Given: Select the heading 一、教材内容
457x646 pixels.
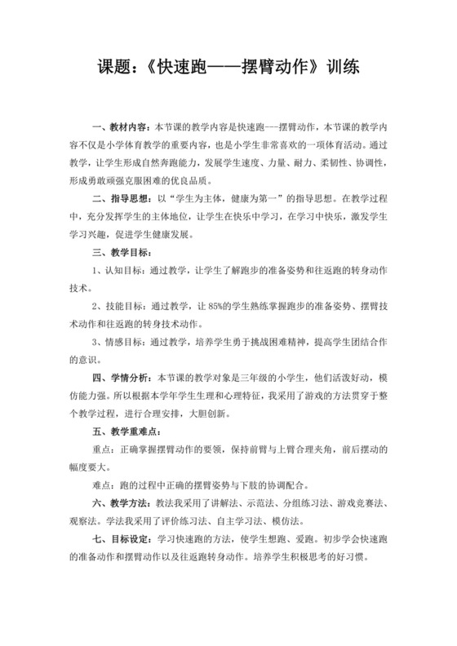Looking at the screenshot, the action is [x=120, y=128].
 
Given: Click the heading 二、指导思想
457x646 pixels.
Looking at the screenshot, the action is [x=120, y=197].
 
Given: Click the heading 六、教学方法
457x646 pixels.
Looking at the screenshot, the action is [x=120, y=503].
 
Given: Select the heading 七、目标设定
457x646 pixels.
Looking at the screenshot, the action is [x=120, y=542].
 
